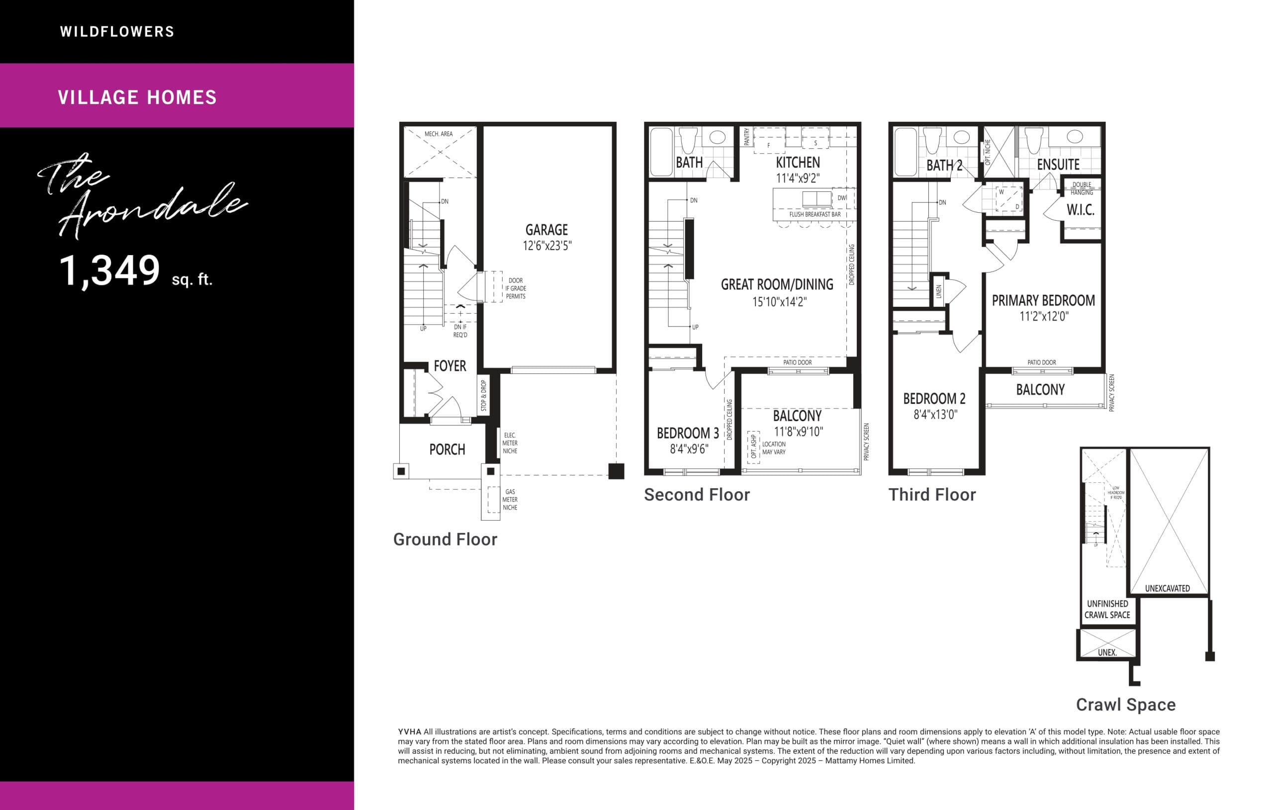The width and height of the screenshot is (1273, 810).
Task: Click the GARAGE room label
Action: click(546, 230)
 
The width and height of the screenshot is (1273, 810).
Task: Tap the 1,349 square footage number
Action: click(109, 270)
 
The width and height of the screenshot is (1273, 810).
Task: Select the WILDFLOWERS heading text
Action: click(117, 32)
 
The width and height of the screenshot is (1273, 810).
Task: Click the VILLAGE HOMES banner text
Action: click(137, 97)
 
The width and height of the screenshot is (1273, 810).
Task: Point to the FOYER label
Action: click(450, 366)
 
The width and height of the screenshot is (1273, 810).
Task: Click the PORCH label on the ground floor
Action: click(447, 450)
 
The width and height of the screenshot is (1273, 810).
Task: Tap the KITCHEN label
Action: click(798, 162)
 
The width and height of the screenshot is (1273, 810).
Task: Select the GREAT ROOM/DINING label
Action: click(777, 284)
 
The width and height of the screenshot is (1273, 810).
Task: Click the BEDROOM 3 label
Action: click(687, 434)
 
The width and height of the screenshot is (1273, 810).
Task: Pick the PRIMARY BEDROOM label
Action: click(1043, 301)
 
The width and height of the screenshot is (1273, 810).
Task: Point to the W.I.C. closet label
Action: click(1080, 210)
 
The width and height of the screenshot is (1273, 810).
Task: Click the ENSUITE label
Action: click(1058, 165)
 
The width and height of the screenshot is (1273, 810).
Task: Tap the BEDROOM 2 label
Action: click(934, 399)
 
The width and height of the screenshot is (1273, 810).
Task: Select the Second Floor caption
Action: click(696, 495)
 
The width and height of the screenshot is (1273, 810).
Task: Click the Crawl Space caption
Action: click(1125, 705)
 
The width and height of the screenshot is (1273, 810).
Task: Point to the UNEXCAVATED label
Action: click(1167, 588)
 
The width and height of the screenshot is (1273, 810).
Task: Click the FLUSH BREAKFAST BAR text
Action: click(815, 215)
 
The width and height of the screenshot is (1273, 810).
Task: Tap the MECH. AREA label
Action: click(438, 134)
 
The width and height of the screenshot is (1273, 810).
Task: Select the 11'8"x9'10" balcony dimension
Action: click(798, 432)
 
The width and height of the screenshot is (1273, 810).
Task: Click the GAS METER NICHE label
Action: click(510, 500)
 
